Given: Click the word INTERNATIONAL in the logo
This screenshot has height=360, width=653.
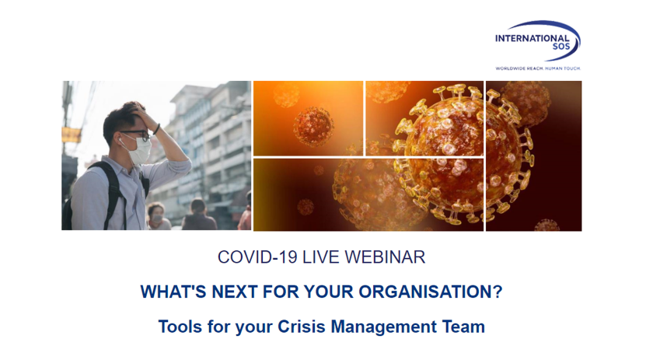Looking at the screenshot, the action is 533,38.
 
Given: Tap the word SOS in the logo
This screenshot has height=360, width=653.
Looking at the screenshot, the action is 561,47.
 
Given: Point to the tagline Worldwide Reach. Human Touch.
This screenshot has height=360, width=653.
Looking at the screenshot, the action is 538,68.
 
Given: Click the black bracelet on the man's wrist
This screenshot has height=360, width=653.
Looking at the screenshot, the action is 156,129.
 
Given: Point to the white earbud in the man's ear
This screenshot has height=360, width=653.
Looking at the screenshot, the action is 120,141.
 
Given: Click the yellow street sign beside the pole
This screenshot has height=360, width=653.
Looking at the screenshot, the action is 72,135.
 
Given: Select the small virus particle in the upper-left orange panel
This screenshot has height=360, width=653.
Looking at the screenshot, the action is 313,126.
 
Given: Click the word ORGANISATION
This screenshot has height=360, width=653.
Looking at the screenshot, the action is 431,292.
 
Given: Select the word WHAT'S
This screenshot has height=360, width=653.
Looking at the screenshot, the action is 173,292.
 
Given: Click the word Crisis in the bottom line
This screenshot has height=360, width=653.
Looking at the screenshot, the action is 302,327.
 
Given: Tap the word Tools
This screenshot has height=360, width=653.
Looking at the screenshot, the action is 180,327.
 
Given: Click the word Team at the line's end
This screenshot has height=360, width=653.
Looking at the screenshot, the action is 463,327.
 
